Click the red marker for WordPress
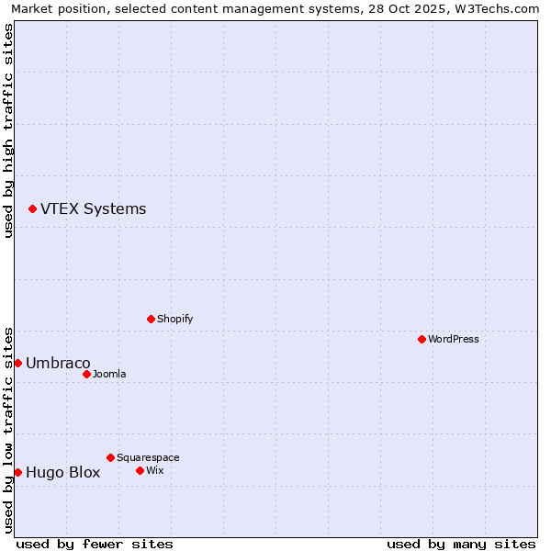(x=422, y=339)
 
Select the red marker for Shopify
(x=151, y=319)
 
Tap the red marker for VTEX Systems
(x=32, y=208)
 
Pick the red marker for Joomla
(x=86, y=374)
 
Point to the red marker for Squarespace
(x=110, y=457)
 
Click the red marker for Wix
(x=140, y=470)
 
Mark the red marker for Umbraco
(x=17, y=363)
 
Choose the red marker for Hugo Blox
(x=17, y=472)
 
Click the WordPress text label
(x=454, y=339)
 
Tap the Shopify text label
(x=175, y=319)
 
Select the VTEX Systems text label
(x=93, y=208)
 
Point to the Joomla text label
(x=109, y=374)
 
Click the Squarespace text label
(x=148, y=457)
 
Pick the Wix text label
(x=155, y=470)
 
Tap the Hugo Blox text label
(x=62, y=472)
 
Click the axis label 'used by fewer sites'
(x=95, y=544)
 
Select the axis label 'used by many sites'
(x=461, y=544)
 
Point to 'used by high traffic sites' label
(x=8, y=130)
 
